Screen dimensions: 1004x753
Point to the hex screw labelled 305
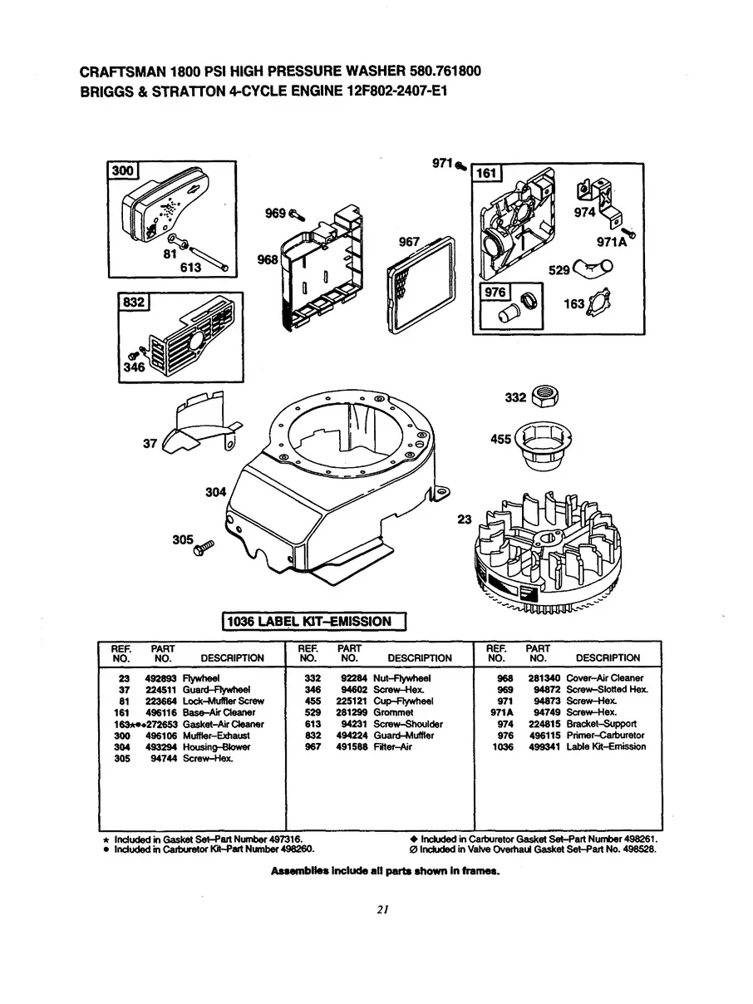point(204,548)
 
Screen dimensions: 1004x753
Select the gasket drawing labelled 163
point(597,305)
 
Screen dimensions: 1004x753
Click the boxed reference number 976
point(495,293)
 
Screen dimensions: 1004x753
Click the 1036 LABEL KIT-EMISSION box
point(313,621)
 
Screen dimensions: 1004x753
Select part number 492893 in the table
point(159,677)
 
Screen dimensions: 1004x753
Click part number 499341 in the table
point(545,746)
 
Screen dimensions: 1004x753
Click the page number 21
point(382,909)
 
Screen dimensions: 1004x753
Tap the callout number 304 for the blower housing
point(216,492)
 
